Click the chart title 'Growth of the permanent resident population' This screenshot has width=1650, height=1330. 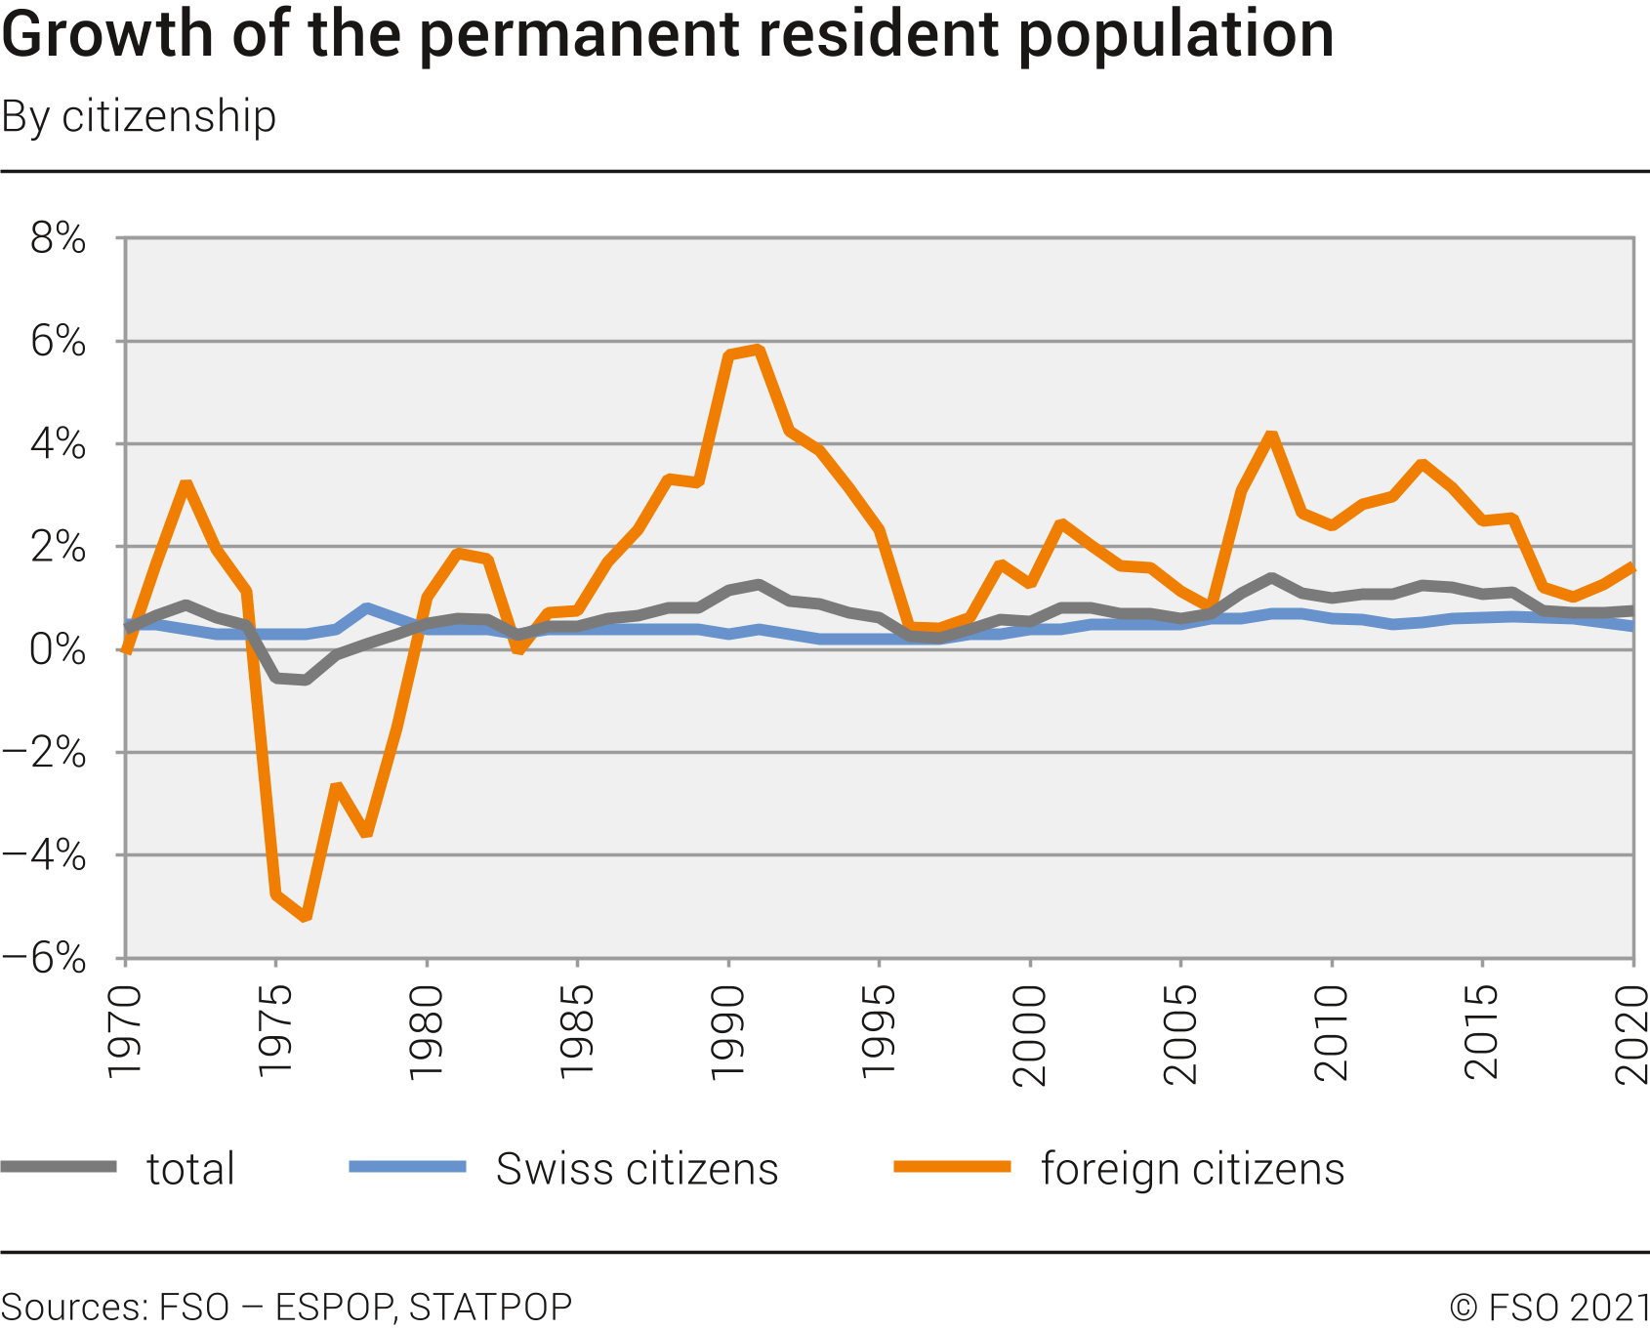point(668,35)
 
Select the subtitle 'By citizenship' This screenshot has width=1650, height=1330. point(139,117)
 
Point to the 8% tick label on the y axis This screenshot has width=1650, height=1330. point(59,238)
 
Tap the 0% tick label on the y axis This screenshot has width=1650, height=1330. point(59,650)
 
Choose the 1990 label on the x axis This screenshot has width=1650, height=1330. point(728,1033)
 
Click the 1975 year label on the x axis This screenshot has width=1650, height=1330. point(276,1033)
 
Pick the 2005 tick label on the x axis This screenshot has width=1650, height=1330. point(1181,1033)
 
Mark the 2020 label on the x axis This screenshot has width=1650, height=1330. point(1632,1033)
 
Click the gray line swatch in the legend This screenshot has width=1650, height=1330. point(59,1167)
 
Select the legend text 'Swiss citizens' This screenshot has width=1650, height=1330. point(637,1169)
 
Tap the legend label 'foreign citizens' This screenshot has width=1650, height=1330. point(1192,1169)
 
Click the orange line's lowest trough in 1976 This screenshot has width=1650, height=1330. point(306,916)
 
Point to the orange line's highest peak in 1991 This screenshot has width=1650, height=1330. point(759,350)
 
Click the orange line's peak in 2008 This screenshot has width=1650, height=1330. point(1271,436)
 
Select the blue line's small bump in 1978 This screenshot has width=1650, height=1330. point(366,608)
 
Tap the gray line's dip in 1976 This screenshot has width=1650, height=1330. point(306,680)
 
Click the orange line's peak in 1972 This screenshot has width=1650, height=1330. point(186,485)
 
